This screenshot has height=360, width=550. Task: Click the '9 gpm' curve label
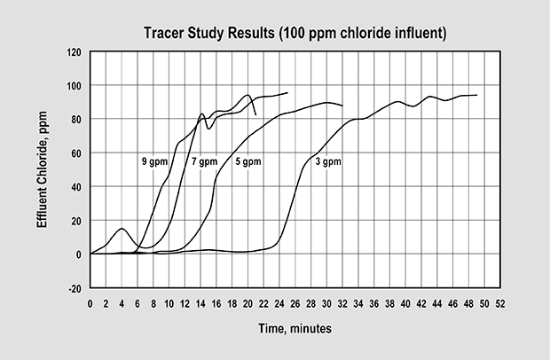point(155,162)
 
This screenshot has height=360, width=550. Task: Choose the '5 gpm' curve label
point(249,162)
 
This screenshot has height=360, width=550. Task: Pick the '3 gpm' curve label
point(328,162)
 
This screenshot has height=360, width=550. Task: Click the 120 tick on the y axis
point(75,51)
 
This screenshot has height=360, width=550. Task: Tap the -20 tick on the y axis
point(75,288)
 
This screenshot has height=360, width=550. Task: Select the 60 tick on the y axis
point(77,153)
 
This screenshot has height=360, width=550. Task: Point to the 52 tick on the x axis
point(499,303)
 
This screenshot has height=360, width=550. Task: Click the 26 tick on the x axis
point(295,303)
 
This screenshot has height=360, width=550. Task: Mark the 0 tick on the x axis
point(90,303)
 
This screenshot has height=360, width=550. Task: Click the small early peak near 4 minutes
point(122,229)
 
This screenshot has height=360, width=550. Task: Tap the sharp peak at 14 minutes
point(202,113)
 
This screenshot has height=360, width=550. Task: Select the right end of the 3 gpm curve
point(477,95)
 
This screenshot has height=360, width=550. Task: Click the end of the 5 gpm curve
point(342,106)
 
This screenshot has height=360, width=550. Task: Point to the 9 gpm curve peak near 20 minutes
point(248,95)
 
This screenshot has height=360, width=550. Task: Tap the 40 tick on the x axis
point(405,303)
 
